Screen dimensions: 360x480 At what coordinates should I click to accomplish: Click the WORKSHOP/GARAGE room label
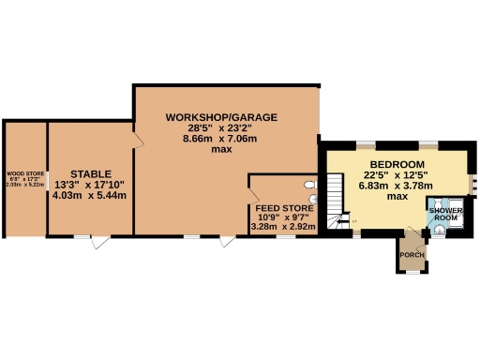tap(221, 117)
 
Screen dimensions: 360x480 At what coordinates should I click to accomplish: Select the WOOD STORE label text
tap(25, 172)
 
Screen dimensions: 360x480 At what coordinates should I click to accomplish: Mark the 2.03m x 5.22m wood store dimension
tap(25, 185)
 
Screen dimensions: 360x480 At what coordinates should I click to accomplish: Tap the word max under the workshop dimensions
tap(221, 150)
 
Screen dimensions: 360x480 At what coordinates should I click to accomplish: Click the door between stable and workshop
tap(137, 140)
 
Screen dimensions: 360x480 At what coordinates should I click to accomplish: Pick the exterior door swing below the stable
tap(105, 241)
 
